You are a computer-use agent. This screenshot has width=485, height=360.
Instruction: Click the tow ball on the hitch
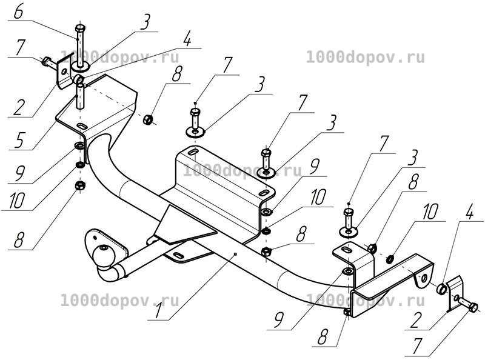104,255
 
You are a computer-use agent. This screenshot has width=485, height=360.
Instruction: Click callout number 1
159,310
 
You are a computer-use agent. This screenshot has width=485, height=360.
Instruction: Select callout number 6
19,12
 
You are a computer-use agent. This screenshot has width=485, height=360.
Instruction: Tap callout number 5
19,139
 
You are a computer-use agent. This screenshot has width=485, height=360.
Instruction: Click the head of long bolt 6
80,28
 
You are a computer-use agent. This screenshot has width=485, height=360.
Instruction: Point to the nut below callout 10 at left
80,185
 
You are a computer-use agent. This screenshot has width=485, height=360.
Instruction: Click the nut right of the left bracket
147,119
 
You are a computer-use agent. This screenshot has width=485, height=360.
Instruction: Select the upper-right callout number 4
469,212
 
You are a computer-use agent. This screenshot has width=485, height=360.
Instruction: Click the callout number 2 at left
19,107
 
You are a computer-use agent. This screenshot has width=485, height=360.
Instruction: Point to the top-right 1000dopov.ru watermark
366,58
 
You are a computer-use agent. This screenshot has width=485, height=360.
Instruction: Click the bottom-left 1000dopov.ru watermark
119,301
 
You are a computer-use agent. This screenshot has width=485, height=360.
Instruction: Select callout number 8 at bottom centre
322,336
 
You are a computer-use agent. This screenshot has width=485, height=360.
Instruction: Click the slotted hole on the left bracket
82,126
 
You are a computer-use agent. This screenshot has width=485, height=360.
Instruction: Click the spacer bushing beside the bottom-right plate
441,289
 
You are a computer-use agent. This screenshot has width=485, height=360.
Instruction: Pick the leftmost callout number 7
19,48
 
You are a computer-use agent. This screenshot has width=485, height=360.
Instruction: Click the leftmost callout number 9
19,173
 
